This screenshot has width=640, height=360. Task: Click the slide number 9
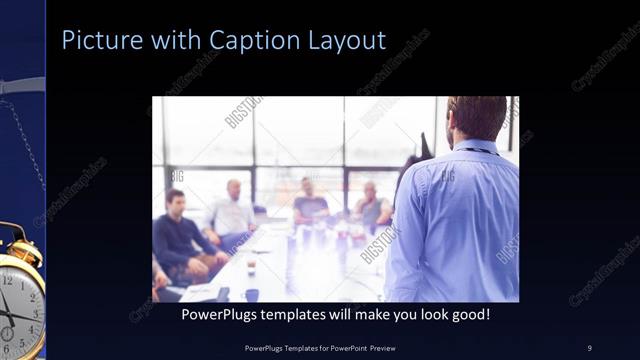(589, 347)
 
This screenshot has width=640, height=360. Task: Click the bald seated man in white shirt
(231, 210)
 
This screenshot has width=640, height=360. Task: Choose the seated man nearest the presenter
(371, 206)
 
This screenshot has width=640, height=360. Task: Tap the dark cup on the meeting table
(252, 294)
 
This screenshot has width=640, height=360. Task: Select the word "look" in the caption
(418, 314)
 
